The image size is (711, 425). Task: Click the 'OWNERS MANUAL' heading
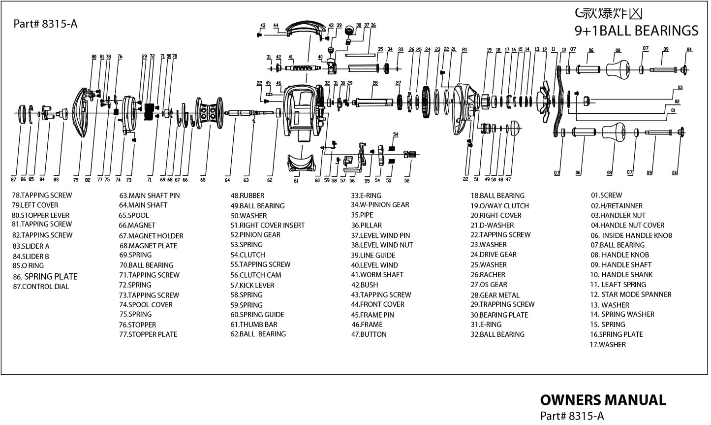coord(603,400)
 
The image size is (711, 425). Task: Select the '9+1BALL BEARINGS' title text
coord(636,31)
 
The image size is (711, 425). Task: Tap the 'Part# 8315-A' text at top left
coord(45,24)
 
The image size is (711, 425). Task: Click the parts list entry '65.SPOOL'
coord(134,216)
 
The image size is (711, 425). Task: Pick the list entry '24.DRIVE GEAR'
coord(494,255)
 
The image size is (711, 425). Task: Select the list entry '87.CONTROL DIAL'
coord(41,287)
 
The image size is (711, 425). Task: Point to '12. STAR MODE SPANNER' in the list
coord(631,294)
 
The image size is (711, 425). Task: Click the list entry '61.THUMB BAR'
coord(253,325)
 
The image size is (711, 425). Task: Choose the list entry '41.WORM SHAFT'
coord(377,275)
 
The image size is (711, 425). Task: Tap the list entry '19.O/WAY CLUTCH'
coord(499,206)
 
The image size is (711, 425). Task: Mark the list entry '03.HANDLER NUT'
coord(618,216)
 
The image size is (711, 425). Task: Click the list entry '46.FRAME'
coord(367,325)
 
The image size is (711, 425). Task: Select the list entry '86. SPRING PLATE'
coord(45,277)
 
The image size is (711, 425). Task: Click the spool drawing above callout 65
coord(209,113)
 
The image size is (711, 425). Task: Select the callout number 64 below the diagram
coord(227,180)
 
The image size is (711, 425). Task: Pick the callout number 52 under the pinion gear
coord(406,181)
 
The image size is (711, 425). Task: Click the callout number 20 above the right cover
coord(464,50)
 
